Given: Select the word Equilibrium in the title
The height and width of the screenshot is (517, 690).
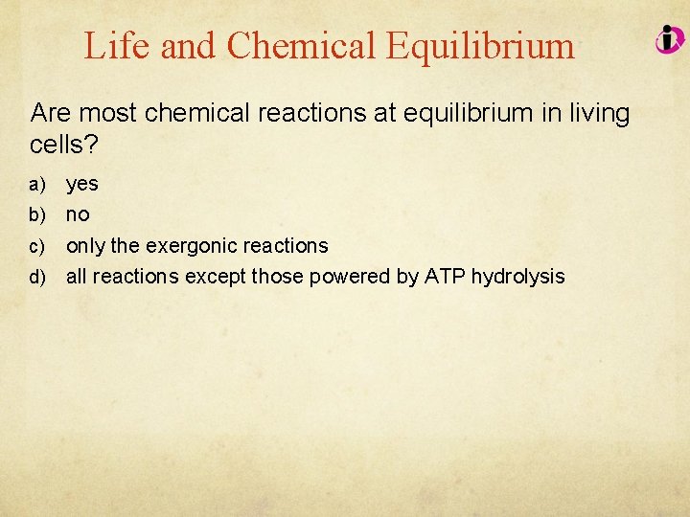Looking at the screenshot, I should click(482, 46).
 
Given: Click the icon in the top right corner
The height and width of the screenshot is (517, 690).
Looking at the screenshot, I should click(669, 39).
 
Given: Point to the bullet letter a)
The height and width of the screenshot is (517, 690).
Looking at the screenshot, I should click(37, 184).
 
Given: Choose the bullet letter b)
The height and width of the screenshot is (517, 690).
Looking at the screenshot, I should click(37, 215).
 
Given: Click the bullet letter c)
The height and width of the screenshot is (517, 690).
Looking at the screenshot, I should click(37, 247).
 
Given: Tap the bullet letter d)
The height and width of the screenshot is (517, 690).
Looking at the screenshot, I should click(37, 278).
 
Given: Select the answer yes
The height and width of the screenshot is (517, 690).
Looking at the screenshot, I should click(82, 184).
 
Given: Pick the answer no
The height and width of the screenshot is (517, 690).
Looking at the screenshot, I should click(78, 215).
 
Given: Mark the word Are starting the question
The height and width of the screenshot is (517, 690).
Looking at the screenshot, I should click(51, 114).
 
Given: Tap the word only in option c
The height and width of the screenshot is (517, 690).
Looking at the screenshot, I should click(85, 246).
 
